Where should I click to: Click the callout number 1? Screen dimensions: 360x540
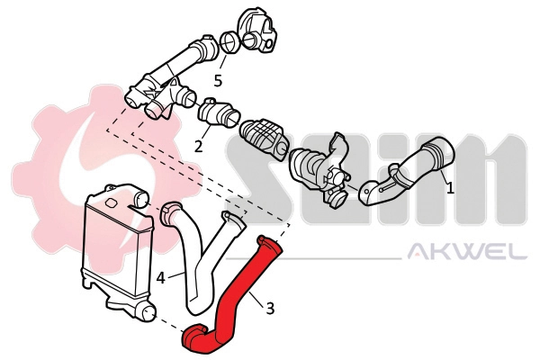click(x=451, y=188)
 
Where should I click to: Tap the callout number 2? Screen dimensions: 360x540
click(x=198, y=145)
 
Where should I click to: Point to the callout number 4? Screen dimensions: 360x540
click(x=160, y=278)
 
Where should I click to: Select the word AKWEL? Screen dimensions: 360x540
click(x=467, y=253)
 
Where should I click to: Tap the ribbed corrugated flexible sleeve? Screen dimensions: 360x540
click(x=263, y=137)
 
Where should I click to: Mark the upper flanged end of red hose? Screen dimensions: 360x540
click(x=268, y=243)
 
